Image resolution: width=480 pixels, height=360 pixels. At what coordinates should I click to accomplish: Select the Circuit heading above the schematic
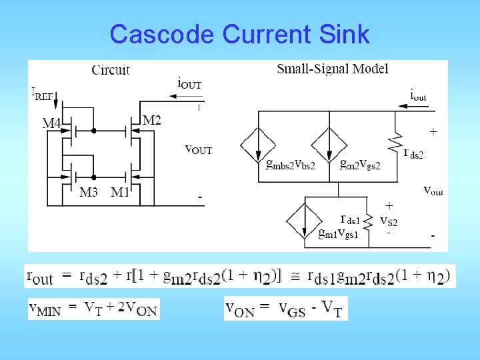(x=110, y=69)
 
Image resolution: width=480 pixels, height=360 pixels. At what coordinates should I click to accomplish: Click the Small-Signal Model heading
(x=332, y=69)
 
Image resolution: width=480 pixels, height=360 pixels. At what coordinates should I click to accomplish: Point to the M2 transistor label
(x=152, y=120)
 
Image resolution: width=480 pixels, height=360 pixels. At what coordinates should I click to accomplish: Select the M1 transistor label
(x=121, y=193)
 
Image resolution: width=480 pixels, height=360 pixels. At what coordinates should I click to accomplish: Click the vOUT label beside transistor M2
(x=198, y=149)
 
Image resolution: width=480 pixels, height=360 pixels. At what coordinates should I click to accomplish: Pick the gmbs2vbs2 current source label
(x=286, y=165)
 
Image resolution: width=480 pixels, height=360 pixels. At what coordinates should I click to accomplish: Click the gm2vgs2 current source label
(x=360, y=165)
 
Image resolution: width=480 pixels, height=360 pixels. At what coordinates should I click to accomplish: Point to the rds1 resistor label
(x=351, y=219)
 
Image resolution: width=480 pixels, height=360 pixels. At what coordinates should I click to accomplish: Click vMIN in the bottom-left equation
(x=45, y=309)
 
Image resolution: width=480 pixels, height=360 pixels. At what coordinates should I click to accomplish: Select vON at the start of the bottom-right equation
(x=241, y=308)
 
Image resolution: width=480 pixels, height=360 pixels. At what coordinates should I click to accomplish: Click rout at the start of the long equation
(x=39, y=276)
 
